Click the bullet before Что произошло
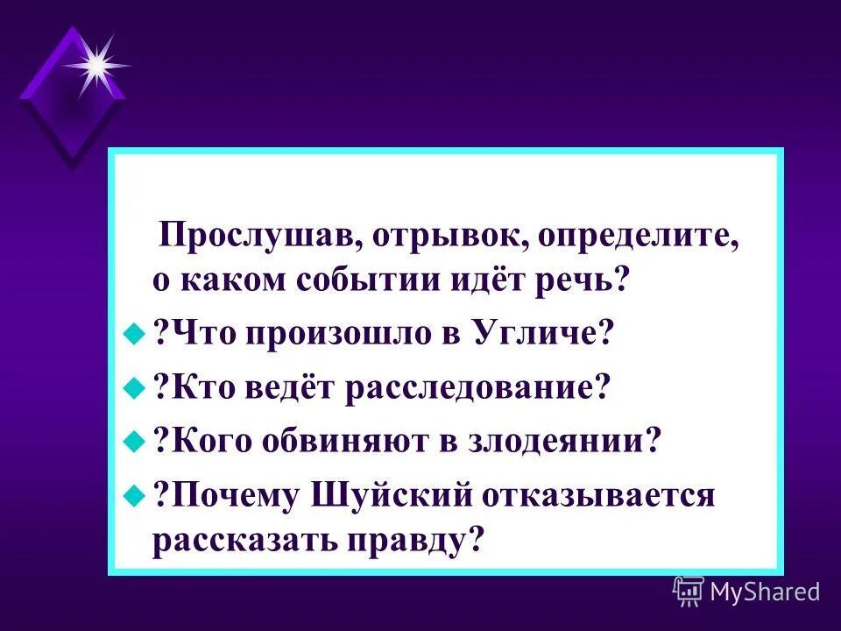(x=133, y=333)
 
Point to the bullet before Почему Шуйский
(x=133, y=494)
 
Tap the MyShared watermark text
(x=764, y=592)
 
